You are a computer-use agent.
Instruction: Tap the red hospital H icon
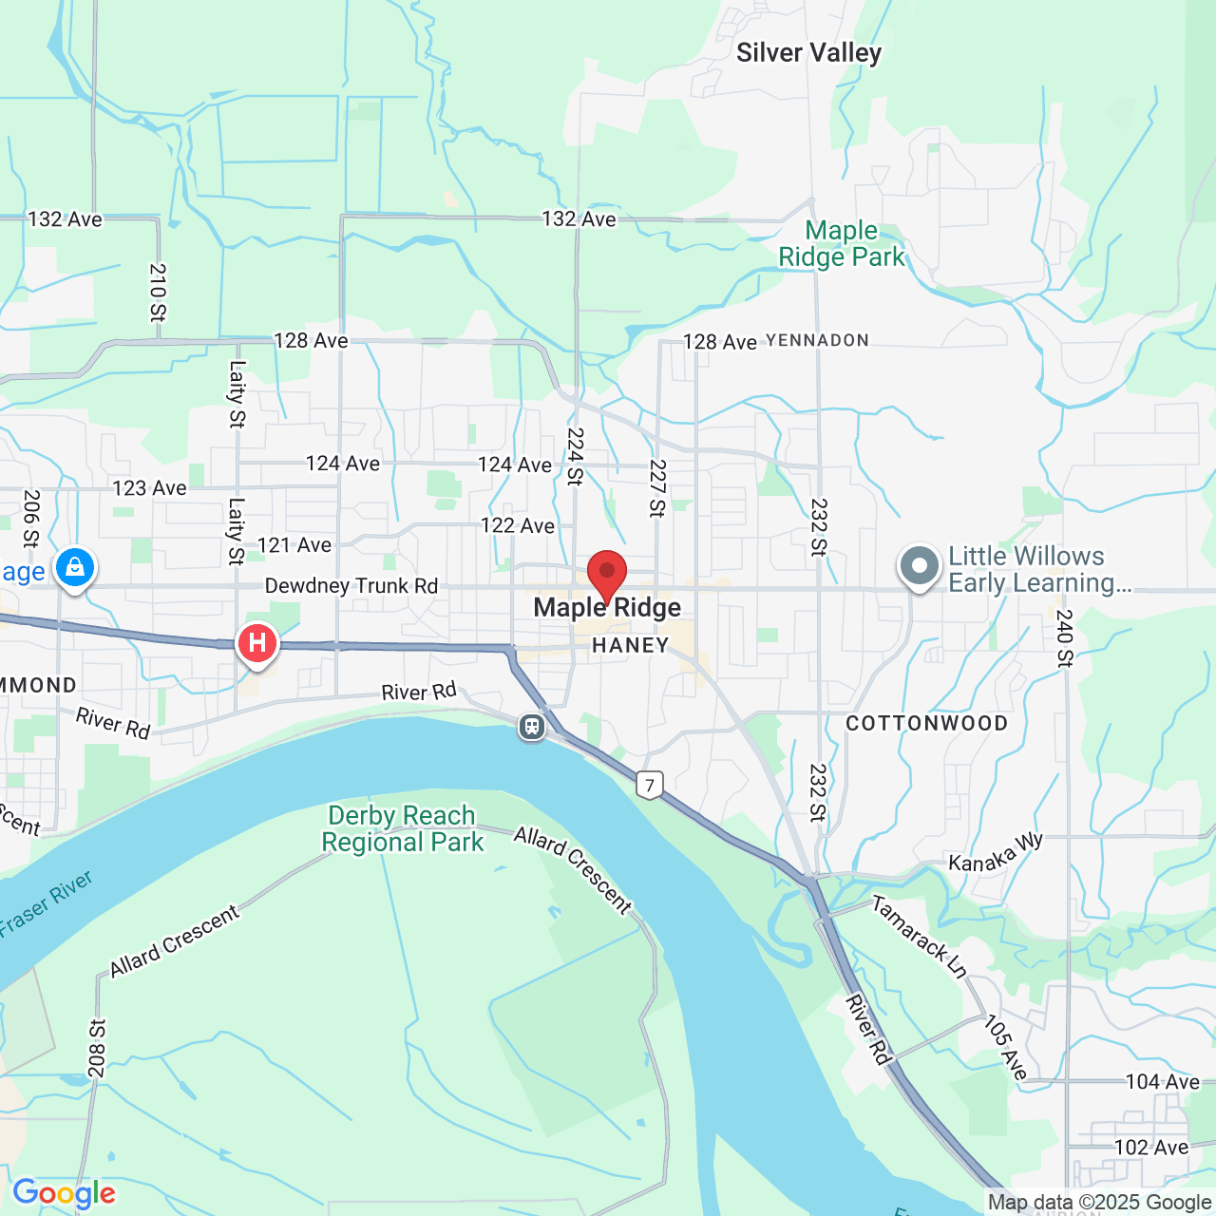point(256,644)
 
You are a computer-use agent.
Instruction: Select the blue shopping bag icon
point(75,568)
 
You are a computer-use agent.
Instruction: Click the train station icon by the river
point(532,728)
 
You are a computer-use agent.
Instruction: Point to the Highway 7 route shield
point(650,785)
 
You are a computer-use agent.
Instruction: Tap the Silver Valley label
point(808,53)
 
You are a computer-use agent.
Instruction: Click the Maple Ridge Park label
point(842,244)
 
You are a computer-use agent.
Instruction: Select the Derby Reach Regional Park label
point(402,829)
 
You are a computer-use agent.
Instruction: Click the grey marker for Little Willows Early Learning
point(919,566)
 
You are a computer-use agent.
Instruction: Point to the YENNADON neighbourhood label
point(817,340)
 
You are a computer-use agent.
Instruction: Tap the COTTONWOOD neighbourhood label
point(926,724)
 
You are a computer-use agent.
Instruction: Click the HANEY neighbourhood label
point(630,646)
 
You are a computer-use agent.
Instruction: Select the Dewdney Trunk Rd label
point(351,586)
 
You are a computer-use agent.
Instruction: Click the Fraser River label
point(46,902)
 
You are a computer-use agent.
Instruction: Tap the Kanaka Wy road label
point(996,852)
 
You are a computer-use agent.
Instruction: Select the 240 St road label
point(1064,638)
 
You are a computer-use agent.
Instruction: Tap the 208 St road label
point(97,1049)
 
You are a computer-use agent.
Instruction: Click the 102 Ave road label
point(1150,1148)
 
